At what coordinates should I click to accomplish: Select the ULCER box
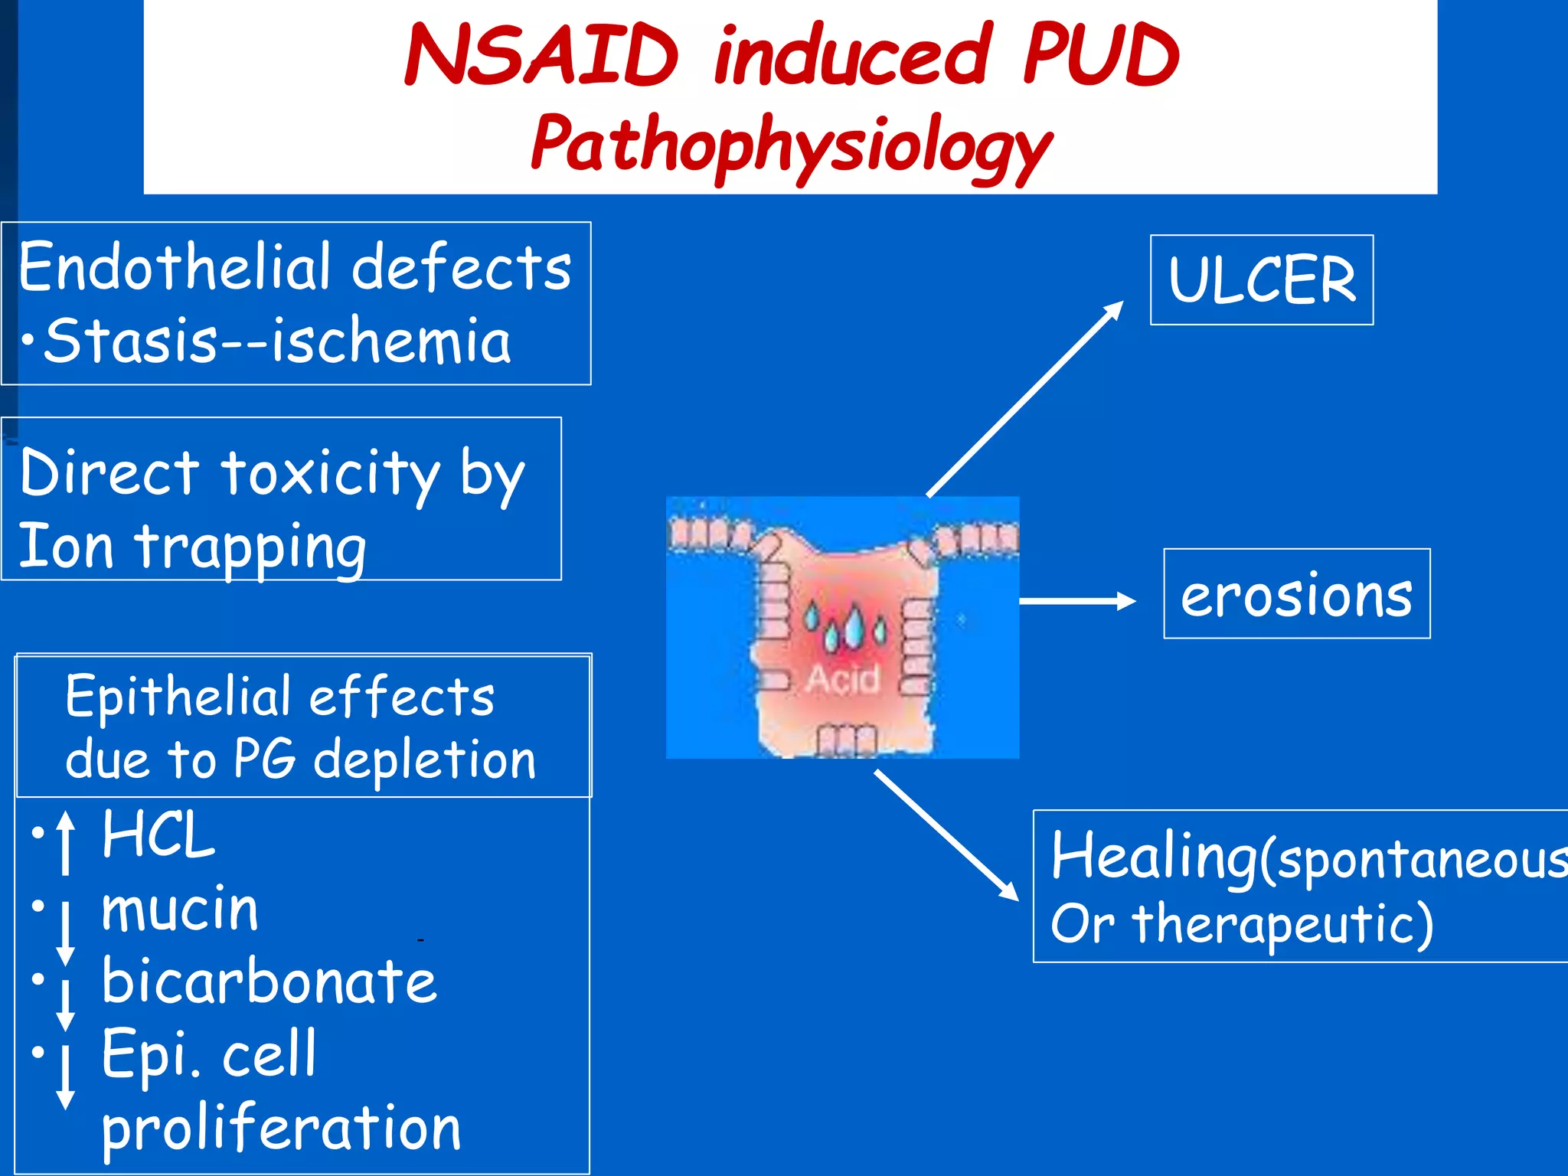pyautogui.click(x=1262, y=280)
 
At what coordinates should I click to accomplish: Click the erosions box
pyautogui.click(x=1296, y=594)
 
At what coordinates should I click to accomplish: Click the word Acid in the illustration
pyautogui.click(x=842, y=679)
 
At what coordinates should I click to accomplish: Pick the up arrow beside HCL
pyautogui.click(x=66, y=842)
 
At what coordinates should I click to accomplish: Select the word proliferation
pyautogui.click(x=282, y=1128)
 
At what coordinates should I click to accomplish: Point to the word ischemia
pyautogui.click(x=391, y=341)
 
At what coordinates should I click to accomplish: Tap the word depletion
pyautogui.click(x=425, y=760)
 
